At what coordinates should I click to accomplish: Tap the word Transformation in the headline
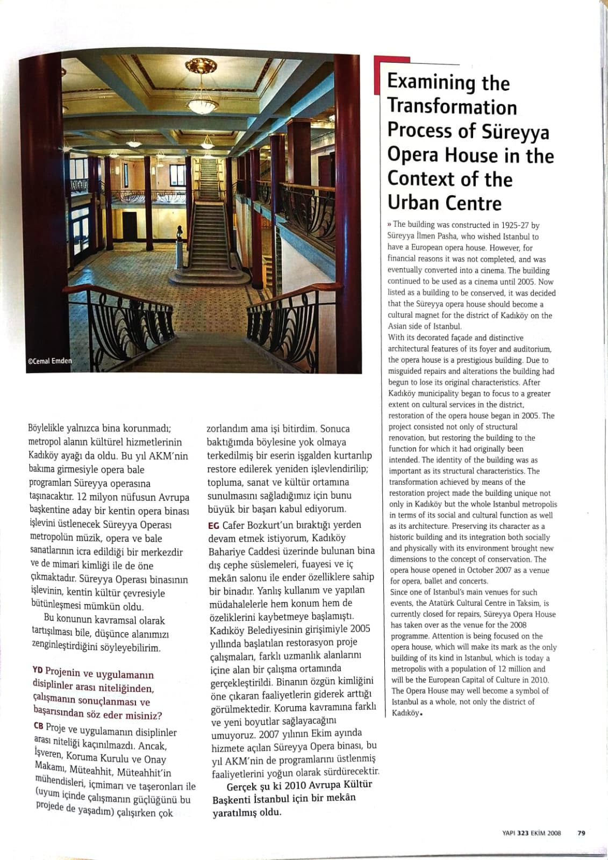[452, 106]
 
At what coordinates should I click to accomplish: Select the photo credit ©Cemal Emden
[49, 361]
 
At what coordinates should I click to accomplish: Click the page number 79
[581, 833]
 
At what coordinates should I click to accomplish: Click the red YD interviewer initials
[38, 670]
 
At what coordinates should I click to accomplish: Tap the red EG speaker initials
[213, 525]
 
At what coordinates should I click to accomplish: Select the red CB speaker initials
[39, 726]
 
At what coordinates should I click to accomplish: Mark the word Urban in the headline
[416, 203]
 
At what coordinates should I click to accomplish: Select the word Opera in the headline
[413, 155]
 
